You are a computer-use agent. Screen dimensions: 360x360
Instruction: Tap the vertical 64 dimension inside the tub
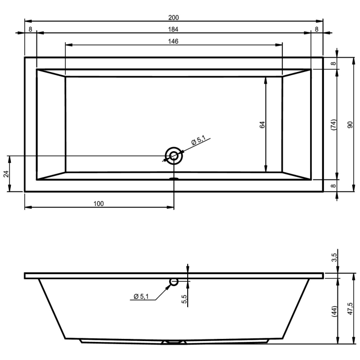pos(262,124)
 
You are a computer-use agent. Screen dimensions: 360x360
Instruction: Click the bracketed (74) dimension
pos(333,124)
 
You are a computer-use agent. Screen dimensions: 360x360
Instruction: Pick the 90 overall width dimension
pos(350,124)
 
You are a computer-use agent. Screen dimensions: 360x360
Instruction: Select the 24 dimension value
pos(6,173)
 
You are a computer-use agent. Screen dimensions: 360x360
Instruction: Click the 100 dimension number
pos(99,204)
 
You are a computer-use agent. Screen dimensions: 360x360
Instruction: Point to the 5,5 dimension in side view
pos(184,299)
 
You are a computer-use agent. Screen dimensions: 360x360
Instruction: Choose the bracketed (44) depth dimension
pos(334,311)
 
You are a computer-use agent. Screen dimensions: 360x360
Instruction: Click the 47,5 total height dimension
pos(350,311)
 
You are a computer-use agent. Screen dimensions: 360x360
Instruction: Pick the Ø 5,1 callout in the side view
pos(141,296)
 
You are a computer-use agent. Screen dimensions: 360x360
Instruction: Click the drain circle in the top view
pos(174,155)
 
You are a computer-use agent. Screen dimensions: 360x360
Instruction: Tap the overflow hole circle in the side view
pos(174,281)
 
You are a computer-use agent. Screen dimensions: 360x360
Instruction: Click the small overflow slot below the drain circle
pos(174,179)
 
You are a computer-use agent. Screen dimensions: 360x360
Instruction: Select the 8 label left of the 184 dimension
pos(30,29)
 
